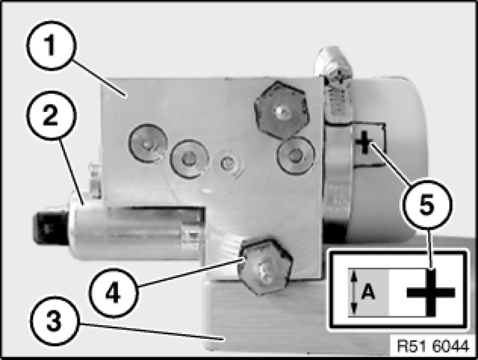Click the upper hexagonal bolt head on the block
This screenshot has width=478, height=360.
pos(280,108)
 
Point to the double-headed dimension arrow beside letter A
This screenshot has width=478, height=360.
pos(354,293)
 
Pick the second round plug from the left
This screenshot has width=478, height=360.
pos(190,160)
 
